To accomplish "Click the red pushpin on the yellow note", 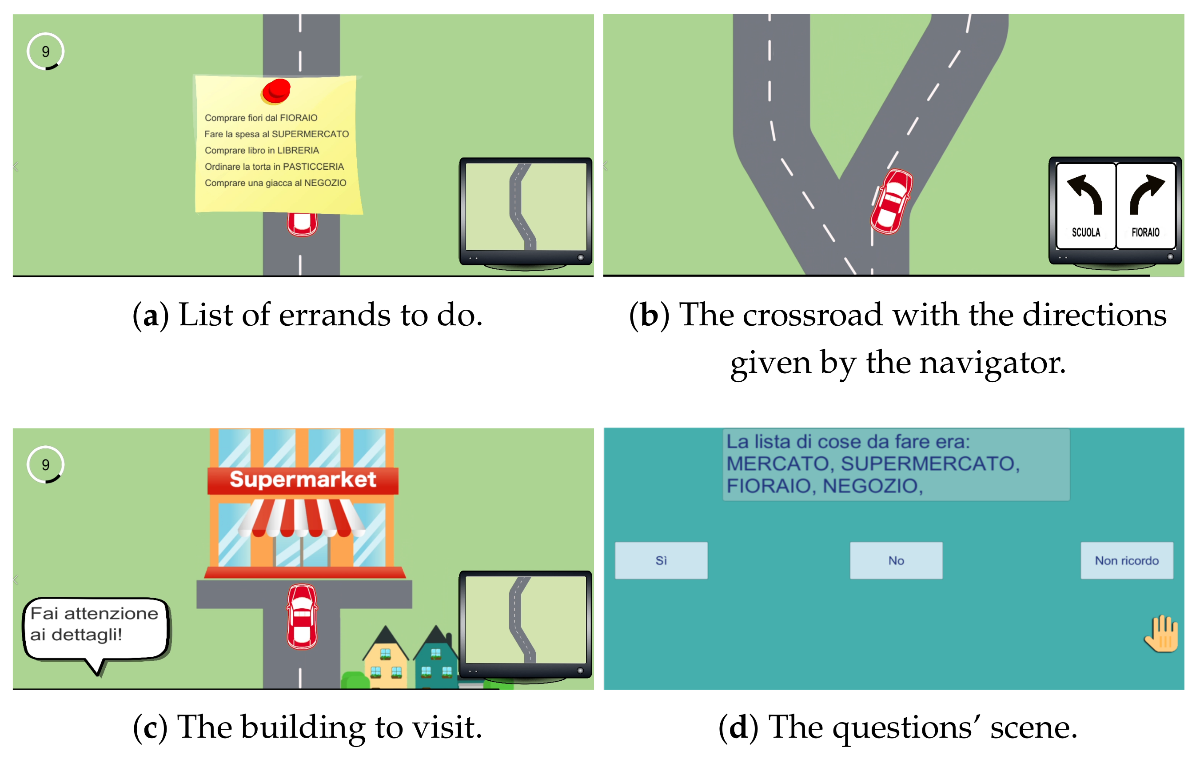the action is pos(275,92).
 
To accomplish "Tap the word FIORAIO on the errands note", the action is pos(299,118).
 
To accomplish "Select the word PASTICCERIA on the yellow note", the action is pos(314,167).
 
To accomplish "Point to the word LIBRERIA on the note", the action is pos(298,151).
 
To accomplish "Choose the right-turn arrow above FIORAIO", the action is pos(1147,194).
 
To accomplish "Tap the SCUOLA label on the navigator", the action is pos(1086,232).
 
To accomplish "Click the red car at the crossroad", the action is pos(892,201).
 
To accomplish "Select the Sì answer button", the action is pos(661,560).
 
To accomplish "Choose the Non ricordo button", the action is pos(1127,560).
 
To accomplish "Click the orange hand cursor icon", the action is pos(1161,634).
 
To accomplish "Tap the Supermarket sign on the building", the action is pos(303,480).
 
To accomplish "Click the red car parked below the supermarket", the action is pos(302,616).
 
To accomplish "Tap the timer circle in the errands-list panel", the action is pos(45,52).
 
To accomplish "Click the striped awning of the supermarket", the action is pos(302,518).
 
